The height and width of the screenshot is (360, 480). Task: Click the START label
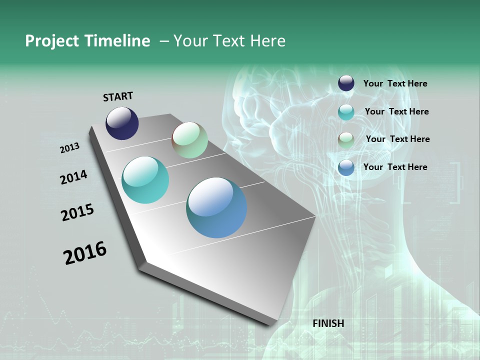tap(118, 96)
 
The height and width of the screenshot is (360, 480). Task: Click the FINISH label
tap(328, 323)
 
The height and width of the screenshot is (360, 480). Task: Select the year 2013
tap(70, 148)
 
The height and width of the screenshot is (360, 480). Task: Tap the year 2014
tap(74, 177)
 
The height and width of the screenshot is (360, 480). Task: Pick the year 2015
tap(77, 212)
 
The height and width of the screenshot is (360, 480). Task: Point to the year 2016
tap(85, 253)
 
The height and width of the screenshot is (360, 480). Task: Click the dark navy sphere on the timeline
tap(122, 123)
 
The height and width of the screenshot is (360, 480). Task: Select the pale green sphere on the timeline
tap(189, 140)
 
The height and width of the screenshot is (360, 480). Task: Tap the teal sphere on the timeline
tap(145, 180)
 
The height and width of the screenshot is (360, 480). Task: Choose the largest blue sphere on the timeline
tap(216, 207)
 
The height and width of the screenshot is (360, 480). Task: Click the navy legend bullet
tap(346, 83)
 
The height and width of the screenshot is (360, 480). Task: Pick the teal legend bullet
tap(346, 112)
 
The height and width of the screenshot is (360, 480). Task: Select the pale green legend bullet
tap(346, 140)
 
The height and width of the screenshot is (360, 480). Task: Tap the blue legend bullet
tap(346, 167)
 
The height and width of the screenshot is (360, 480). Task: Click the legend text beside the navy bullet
tap(395, 83)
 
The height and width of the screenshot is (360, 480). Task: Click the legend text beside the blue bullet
tap(395, 167)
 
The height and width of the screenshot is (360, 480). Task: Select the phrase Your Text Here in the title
tap(229, 41)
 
